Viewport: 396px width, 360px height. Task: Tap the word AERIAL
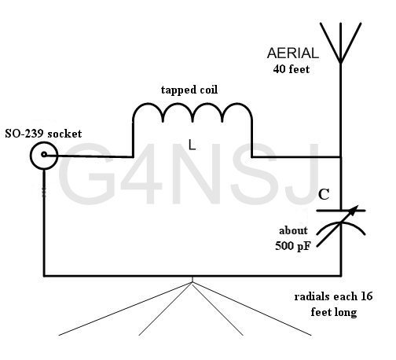pyautogui.click(x=293, y=53)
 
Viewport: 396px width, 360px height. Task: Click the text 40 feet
pyautogui.click(x=291, y=69)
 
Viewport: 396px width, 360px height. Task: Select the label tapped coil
pyautogui.click(x=189, y=90)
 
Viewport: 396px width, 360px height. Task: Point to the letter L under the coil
pyautogui.click(x=192, y=145)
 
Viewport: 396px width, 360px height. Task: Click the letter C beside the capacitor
pyautogui.click(x=324, y=194)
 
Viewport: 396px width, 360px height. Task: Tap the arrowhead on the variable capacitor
pyautogui.click(x=354, y=210)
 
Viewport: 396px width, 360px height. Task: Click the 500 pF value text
pyautogui.click(x=292, y=246)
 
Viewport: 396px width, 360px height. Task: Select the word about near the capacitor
pyautogui.click(x=293, y=231)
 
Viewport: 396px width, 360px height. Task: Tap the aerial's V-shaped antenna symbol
pyautogui.click(x=340, y=43)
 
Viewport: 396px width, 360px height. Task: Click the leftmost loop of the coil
pyautogui.click(x=148, y=105)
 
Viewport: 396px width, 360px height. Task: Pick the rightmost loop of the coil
pyautogui.click(x=237, y=105)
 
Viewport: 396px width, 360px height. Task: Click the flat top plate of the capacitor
pyautogui.click(x=340, y=211)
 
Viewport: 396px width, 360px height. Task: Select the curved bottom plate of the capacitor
pyautogui.click(x=340, y=223)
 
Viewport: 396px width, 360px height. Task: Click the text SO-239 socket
pyautogui.click(x=43, y=134)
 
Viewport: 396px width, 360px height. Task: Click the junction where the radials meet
pyautogui.click(x=192, y=282)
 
